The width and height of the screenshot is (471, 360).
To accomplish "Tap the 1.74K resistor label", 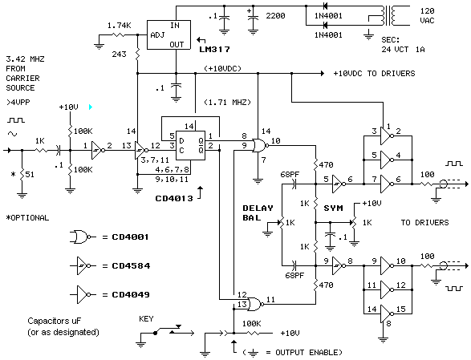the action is [120, 26].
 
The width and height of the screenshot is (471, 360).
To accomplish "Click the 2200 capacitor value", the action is [275, 15].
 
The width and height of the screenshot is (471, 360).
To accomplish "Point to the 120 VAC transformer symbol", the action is [388, 15].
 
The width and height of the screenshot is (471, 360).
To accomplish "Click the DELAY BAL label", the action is [258, 212].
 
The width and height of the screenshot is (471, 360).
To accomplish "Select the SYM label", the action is [333, 208].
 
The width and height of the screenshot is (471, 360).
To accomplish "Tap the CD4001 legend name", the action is [130, 237].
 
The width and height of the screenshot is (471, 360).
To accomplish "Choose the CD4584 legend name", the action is [131, 265].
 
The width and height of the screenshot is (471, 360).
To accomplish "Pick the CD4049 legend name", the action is [131, 294].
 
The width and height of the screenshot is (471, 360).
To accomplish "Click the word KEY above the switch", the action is [146, 318].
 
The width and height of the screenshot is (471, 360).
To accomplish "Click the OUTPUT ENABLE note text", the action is [309, 352].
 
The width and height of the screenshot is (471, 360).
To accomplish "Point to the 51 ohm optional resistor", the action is [22, 175].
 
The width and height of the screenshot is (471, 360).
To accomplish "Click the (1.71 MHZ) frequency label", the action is [227, 103].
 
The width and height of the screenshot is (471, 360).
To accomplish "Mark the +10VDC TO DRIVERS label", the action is [374, 74].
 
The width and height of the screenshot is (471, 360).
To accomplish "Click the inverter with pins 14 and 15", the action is [388, 313].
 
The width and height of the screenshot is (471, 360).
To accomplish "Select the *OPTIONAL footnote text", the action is [27, 217].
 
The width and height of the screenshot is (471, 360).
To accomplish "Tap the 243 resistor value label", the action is [120, 55].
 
